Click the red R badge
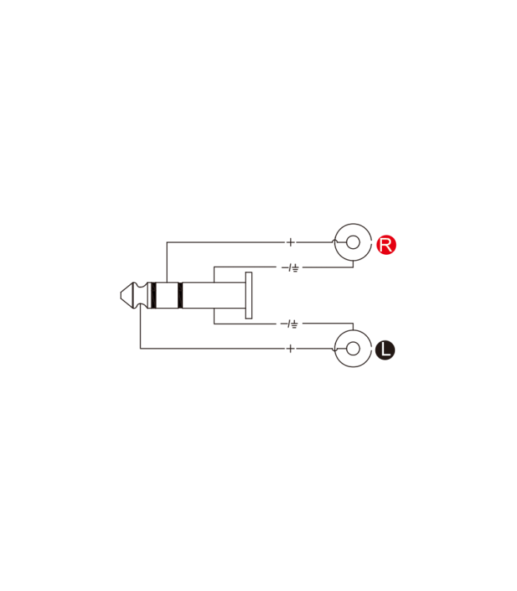[386, 245]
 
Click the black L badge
[385, 350]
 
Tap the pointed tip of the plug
[121, 295]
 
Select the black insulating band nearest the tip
[153, 295]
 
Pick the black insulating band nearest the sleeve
[180, 295]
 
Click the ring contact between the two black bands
[167, 295]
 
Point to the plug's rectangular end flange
[249, 295]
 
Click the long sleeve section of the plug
[214, 295]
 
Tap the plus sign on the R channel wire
[290, 242]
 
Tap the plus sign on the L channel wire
[290, 349]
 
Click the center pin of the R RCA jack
[353, 242]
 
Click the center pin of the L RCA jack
[353, 349]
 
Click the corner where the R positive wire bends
[167, 242]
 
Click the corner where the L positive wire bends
[140, 349]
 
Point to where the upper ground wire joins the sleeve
[214, 282]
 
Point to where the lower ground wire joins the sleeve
[214, 309]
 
